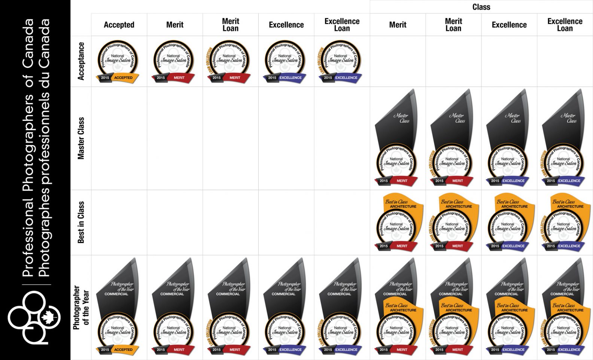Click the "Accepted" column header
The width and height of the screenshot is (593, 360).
[x=119, y=25]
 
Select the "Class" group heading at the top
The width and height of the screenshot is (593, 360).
[x=481, y=7]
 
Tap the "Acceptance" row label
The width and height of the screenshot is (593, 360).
[x=81, y=61]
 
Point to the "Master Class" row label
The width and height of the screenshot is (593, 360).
[x=81, y=138]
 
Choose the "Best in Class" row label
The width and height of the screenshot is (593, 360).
[x=81, y=222]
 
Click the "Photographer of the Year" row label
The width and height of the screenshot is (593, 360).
[x=81, y=308]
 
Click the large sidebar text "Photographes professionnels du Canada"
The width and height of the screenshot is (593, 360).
[x=44, y=148]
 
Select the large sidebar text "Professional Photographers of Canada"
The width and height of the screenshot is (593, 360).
[x=28, y=148]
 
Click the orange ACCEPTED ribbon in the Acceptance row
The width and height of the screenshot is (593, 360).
[x=124, y=78]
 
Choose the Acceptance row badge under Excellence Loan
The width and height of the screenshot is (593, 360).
[x=340, y=61]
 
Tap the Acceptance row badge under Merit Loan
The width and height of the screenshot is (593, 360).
[x=228, y=61]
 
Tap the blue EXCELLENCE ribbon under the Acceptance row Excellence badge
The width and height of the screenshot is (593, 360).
[x=290, y=78]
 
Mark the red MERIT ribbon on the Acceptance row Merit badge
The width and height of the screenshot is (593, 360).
[x=179, y=78]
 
